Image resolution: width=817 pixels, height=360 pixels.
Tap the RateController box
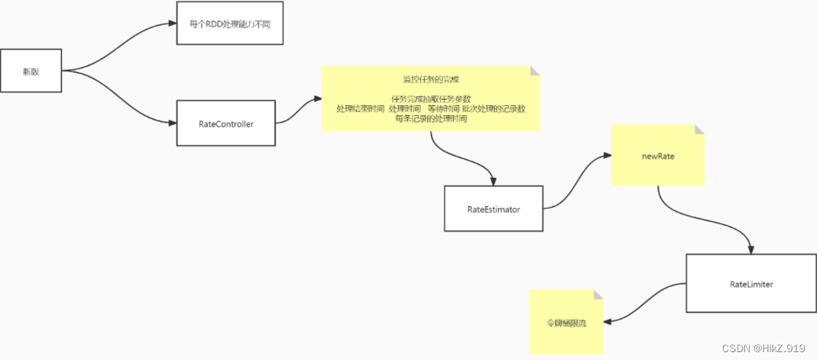point(226,123)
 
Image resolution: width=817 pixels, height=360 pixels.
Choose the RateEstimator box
point(493,209)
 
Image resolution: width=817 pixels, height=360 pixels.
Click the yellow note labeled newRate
point(657,156)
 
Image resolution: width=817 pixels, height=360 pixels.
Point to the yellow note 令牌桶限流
point(566,322)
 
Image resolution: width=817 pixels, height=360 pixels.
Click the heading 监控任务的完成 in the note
point(430,80)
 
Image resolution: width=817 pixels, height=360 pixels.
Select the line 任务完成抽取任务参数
point(430,99)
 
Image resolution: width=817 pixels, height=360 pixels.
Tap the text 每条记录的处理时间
point(430,118)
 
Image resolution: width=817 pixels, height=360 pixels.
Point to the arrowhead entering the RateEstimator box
point(492,180)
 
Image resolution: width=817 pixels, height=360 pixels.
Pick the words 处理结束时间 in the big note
point(361,109)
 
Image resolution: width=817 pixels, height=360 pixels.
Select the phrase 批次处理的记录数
point(493,109)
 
